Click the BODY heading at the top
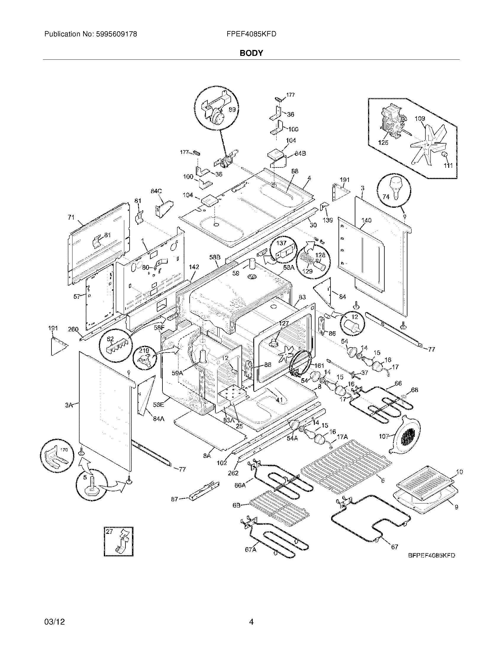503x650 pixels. [x=251, y=53]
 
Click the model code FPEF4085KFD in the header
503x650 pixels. [x=251, y=34]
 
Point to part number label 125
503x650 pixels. [x=383, y=143]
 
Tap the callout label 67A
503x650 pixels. [x=251, y=550]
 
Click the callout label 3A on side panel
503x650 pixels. [x=69, y=405]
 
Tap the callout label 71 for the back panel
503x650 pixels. [x=71, y=217]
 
